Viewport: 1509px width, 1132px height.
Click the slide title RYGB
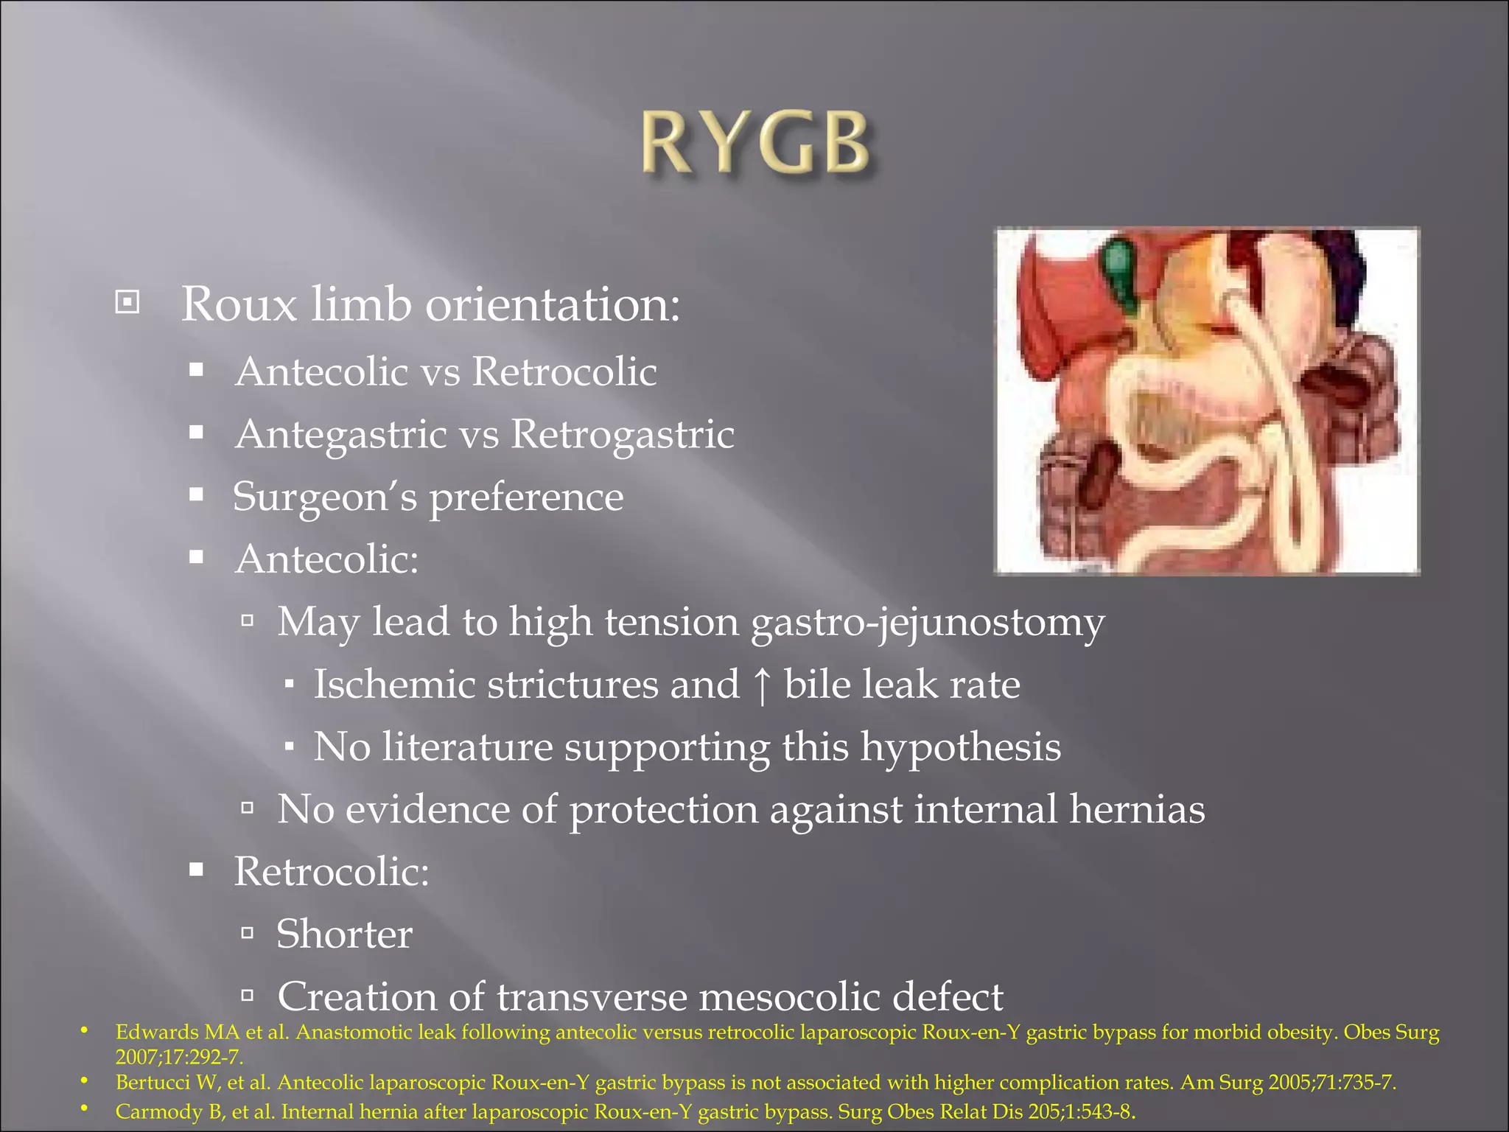(x=755, y=144)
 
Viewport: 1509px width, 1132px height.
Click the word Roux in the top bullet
(x=239, y=304)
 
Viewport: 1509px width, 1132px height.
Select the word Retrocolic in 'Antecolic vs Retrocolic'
(x=564, y=371)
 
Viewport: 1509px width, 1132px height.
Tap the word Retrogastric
(x=623, y=433)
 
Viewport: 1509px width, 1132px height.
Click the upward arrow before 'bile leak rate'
(x=762, y=684)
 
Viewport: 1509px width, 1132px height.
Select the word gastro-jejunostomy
(x=928, y=621)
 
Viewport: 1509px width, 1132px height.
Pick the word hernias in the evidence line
(x=1137, y=809)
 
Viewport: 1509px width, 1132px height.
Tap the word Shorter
(x=344, y=934)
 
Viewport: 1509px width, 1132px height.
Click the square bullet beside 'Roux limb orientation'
(x=127, y=302)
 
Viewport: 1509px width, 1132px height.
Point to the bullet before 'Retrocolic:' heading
(x=196, y=870)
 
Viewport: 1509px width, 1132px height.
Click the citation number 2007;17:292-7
(x=179, y=1058)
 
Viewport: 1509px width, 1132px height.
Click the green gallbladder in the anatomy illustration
(x=1121, y=273)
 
